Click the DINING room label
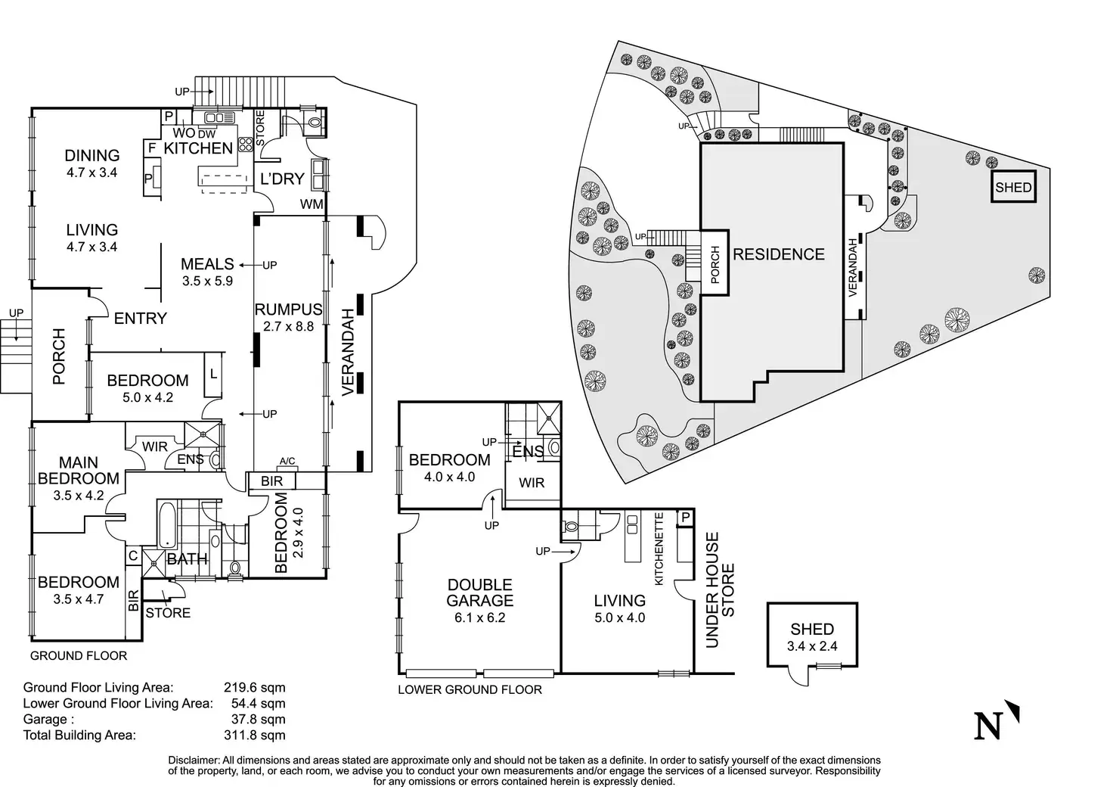(x=91, y=155)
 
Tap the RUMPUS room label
(x=288, y=310)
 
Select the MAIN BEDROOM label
(x=79, y=470)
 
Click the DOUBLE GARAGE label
(x=479, y=593)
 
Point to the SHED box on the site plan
(x=1013, y=187)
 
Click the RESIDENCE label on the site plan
(x=778, y=254)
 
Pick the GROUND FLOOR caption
(x=79, y=656)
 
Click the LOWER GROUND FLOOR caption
(x=470, y=689)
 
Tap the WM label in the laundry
(x=311, y=204)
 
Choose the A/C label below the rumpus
(x=287, y=461)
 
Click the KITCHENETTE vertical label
(x=659, y=549)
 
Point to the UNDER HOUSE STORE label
(x=720, y=590)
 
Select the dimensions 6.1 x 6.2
(x=479, y=617)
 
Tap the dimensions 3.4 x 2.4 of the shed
(x=812, y=646)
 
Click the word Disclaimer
(x=193, y=760)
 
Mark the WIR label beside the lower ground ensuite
(x=532, y=483)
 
